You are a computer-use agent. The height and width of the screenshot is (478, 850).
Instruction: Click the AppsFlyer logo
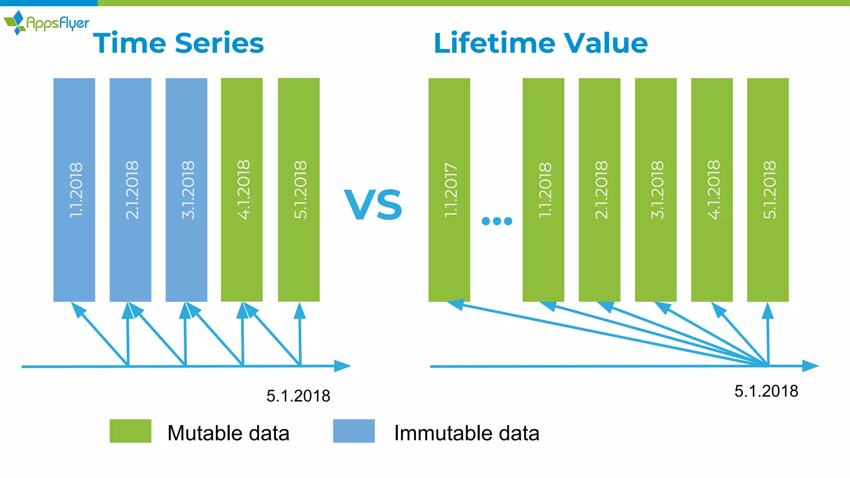(46, 22)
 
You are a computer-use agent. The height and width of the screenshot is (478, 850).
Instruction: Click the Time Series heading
(178, 43)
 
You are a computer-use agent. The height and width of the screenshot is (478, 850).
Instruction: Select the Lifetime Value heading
(540, 43)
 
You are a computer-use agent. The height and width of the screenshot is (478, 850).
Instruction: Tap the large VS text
(373, 205)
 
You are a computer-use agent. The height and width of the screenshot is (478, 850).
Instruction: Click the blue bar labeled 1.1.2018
(74, 190)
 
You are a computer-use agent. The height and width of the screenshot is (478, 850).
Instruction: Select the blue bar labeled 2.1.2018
(130, 190)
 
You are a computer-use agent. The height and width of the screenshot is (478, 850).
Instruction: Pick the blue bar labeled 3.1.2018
(186, 190)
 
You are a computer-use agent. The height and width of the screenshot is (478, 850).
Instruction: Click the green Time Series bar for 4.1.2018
(242, 190)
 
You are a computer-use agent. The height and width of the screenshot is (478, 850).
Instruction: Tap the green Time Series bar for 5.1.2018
(299, 190)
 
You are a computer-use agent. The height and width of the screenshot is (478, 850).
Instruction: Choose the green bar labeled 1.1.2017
(449, 190)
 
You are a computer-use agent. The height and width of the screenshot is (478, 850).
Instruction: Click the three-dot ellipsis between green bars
(497, 221)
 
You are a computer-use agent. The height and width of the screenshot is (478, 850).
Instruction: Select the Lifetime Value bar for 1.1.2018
(543, 190)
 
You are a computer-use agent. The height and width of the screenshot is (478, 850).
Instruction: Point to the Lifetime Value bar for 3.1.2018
(656, 190)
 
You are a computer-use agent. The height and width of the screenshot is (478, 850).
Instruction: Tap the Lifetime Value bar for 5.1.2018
(768, 190)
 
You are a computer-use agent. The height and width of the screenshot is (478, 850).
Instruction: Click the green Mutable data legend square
(130, 431)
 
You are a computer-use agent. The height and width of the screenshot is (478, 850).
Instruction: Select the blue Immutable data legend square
(354, 431)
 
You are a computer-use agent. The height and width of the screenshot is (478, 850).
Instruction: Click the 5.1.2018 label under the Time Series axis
(298, 396)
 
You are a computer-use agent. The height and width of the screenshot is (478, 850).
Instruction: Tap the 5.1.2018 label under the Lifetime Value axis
(766, 391)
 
